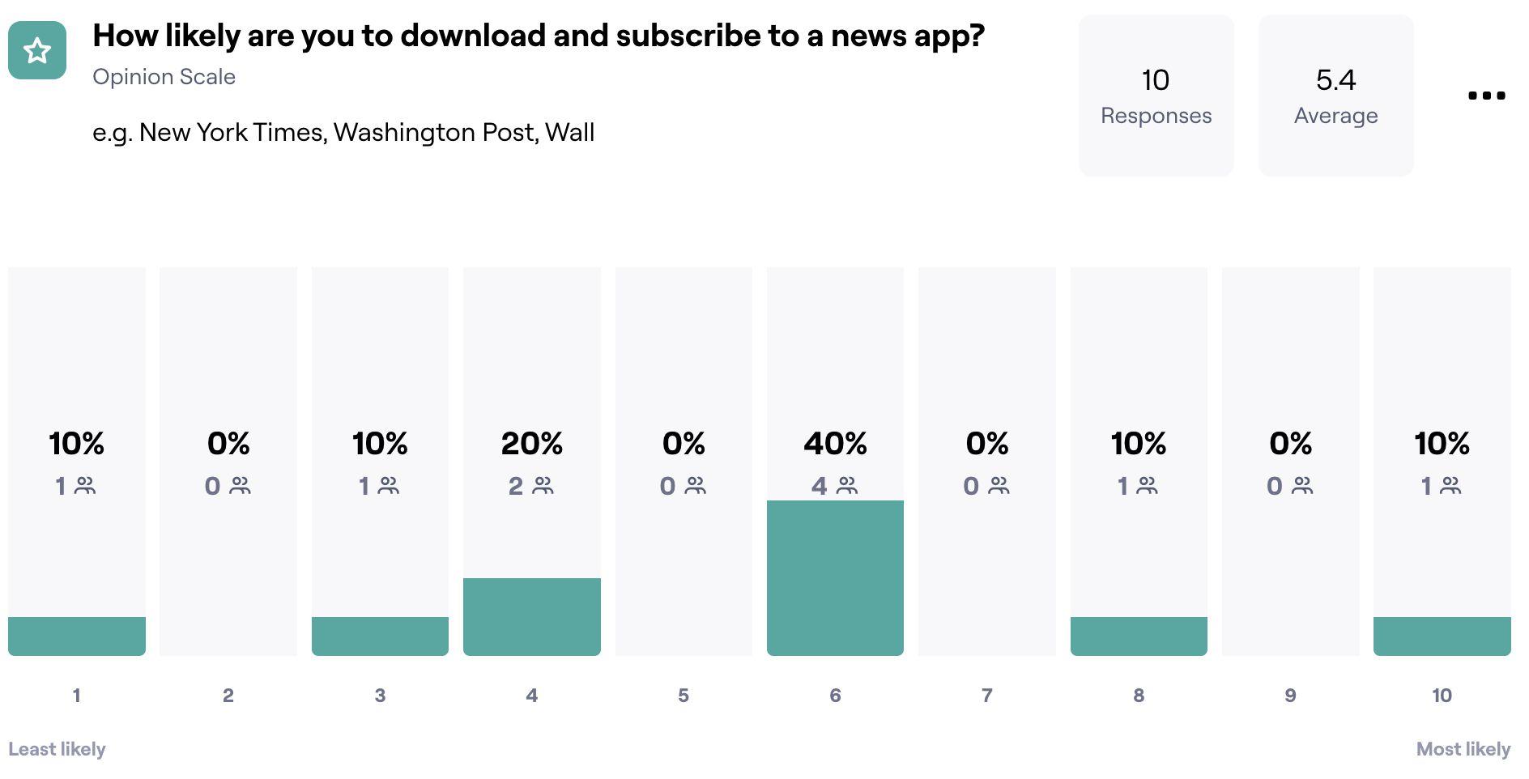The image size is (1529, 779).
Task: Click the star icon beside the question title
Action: coord(37,50)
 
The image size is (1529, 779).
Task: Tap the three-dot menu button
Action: coord(1486,96)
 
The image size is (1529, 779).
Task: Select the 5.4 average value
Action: coord(1335,80)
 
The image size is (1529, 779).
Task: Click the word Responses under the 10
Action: coord(1156,116)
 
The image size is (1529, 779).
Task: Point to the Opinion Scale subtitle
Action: coord(164,77)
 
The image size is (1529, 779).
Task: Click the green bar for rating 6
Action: coord(835,577)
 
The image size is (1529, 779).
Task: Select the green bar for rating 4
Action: coord(531,616)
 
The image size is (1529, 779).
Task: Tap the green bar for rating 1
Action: coord(77,636)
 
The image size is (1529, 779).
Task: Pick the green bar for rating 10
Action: coord(1442,636)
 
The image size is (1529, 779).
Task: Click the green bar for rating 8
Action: coord(1138,636)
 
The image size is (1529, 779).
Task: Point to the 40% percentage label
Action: coord(835,444)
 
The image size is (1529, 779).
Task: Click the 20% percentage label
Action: coord(531,444)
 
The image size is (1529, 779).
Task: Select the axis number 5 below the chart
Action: coord(684,696)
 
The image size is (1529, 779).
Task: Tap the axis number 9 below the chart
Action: coord(1290,696)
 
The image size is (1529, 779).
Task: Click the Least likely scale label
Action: coord(57,749)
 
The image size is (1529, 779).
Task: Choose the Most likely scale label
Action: coord(1463,749)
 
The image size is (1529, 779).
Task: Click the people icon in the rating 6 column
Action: coord(847,486)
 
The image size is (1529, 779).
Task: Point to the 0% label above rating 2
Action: coord(228,444)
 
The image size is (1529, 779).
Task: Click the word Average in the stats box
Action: coord(1335,116)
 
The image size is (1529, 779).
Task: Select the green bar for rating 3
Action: coord(380,636)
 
